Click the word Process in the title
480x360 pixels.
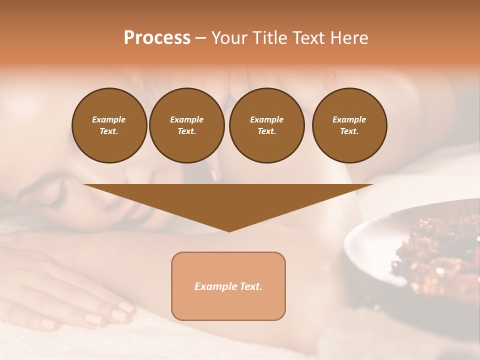pos(157,38)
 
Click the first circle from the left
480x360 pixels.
pos(109,125)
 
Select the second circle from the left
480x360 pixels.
pos(186,125)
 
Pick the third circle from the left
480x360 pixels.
pos(266,125)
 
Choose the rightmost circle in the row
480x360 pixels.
pos(349,125)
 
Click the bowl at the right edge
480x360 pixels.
pos(380,250)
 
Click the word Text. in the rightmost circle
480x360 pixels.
pos(349,131)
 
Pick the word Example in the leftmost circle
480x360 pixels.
pos(109,119)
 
